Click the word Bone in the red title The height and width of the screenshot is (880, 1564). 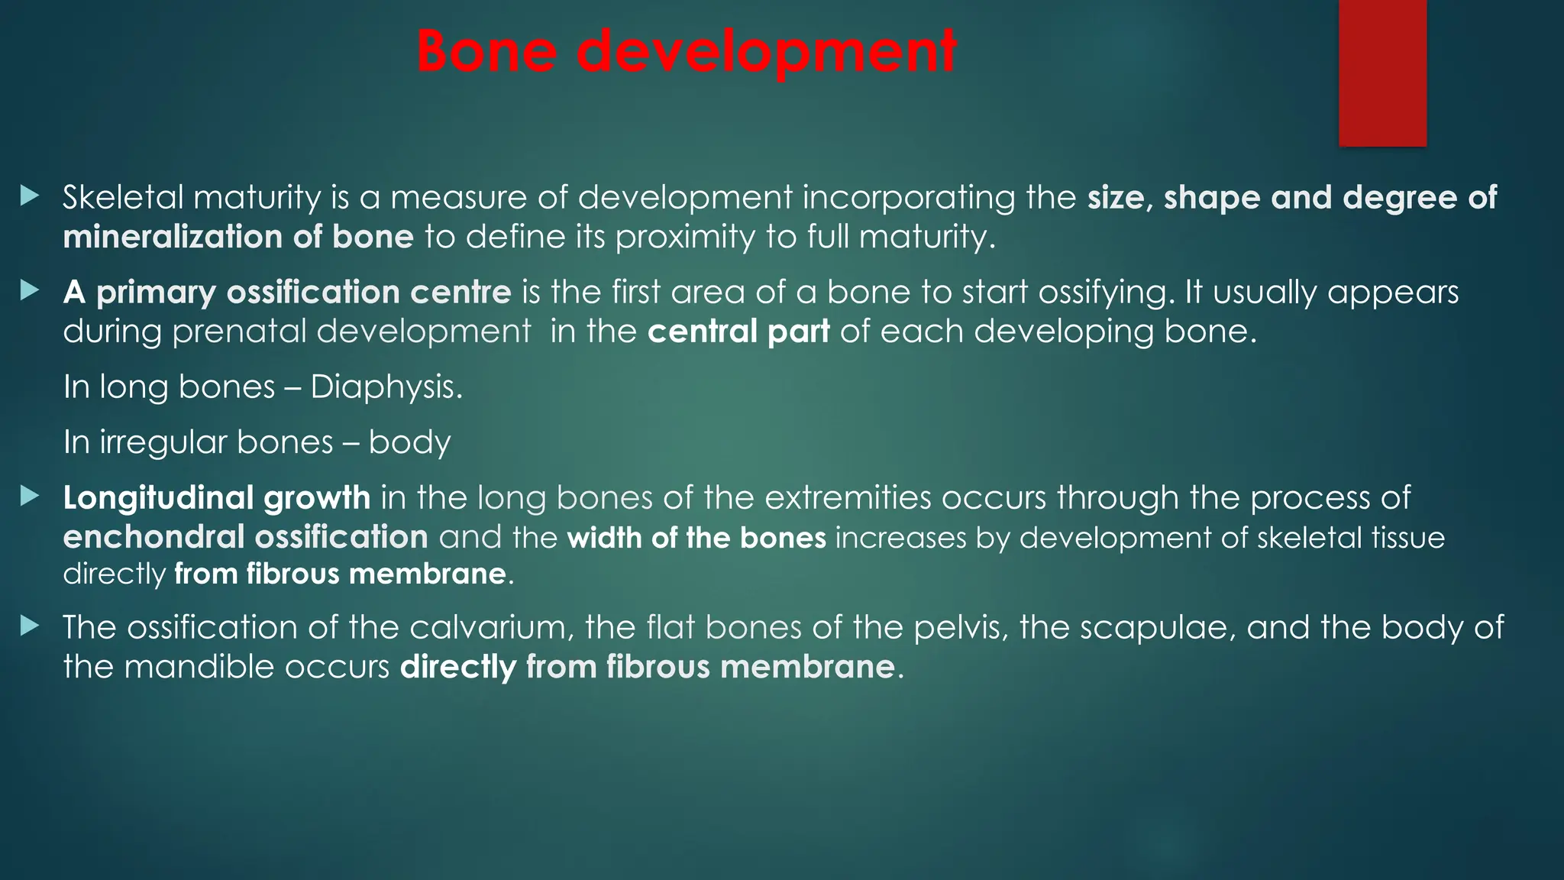click(486, 51)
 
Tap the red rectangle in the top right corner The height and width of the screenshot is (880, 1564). click(1382, 73)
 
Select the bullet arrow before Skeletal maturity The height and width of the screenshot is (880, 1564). click(30, 196)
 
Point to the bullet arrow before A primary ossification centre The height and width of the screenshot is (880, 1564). click(30, 290)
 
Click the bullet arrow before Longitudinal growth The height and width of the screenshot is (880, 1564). click(30, 497)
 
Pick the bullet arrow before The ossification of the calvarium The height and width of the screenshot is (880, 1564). click(30, 626)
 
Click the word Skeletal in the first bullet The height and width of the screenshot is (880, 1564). click(122, 198)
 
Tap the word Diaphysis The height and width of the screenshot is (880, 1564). click(386, 387)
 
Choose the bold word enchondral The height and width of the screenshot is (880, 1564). click(153, 537)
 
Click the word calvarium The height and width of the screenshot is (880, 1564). click(490, 628)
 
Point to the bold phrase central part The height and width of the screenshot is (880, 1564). click(738, 332)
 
